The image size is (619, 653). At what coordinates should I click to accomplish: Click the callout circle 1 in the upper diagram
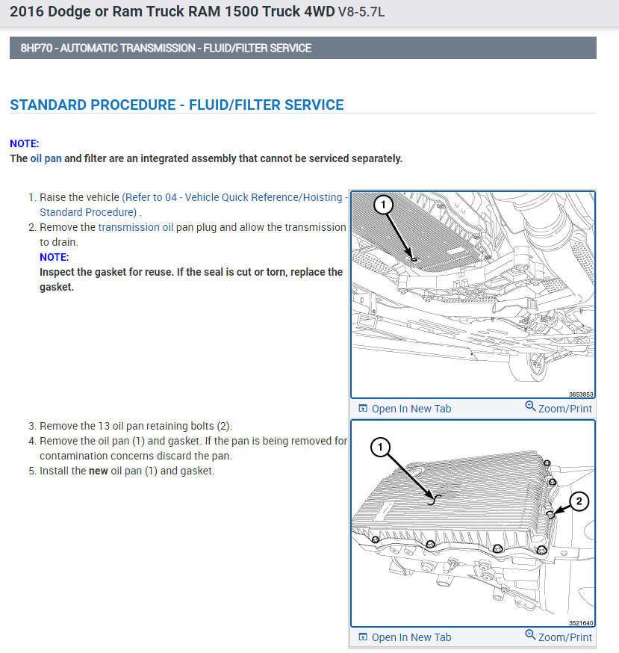click(383, 203)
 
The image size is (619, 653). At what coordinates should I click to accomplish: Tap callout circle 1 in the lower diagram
click(380, 448)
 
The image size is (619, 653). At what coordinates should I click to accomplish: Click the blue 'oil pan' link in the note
click(46, 158)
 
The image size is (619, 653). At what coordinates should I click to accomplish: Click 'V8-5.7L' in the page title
click(361, 13)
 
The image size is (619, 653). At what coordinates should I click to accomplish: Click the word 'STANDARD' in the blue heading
click(47, 105)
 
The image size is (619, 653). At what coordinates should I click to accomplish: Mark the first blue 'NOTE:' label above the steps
click(25, 143)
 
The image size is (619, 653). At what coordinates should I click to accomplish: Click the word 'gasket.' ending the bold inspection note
click(57, 287)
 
